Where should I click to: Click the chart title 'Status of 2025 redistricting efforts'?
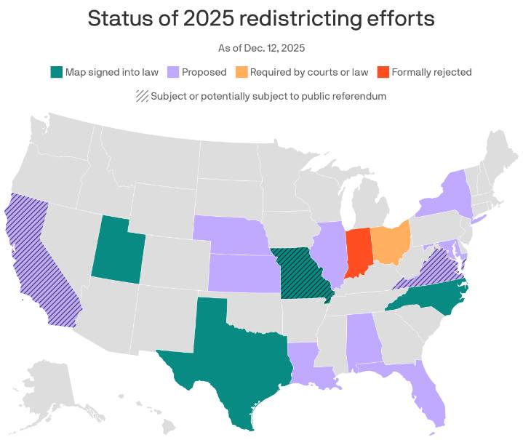pyautogui.click(x=261, y=19)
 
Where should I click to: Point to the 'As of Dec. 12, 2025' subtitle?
pyautogui.click(x=261, y=48)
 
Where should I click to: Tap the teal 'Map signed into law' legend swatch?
pyautogui.click(x=56, y=72)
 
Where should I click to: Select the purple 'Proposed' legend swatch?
pyautogui.click(x=173, y=72)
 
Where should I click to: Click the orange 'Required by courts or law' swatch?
pyautogui.click(x=241, y=72)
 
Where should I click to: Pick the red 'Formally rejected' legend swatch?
pyautogui.click(x=383, y=72)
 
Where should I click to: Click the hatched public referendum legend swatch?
pyautogui.click(x=142, y=96)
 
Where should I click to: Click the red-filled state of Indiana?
pyautogui.click(x=358, y=252)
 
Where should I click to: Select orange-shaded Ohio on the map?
pyautogui.click(x=389, y=244)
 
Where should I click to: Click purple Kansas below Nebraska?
pyautogui.click(x=244, y=273)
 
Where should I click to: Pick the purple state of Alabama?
pyautogui.click(x=361, y=338)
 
